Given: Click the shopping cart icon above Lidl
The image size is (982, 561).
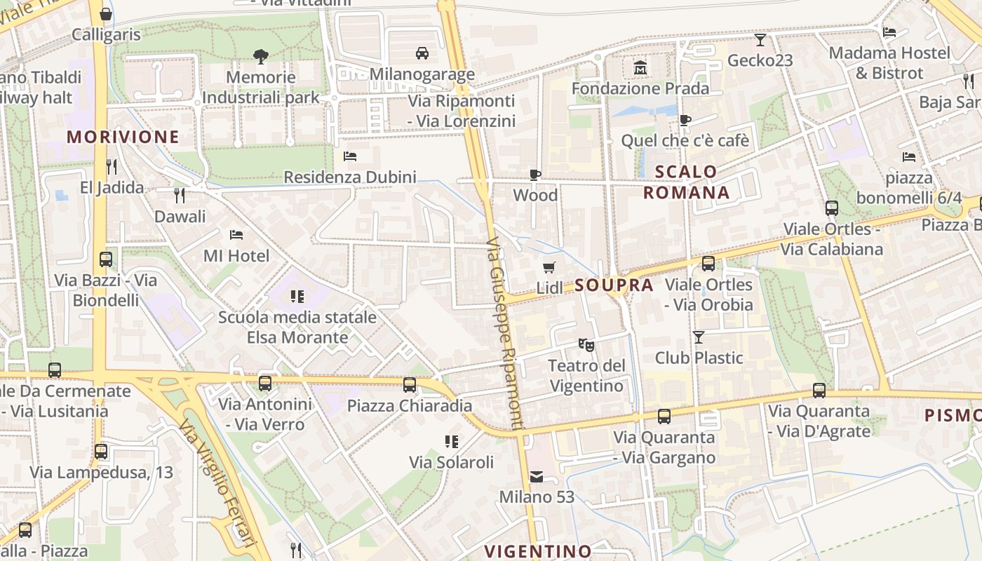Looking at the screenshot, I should point(549,267).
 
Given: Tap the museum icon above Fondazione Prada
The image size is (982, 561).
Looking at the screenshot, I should point(640,68).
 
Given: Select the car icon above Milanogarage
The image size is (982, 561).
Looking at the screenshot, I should point(422,53).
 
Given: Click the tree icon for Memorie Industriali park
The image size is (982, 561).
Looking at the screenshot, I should point(260,56).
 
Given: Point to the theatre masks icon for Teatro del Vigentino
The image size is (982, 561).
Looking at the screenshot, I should point(586,344).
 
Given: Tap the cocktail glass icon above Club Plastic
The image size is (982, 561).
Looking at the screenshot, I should point(699,337).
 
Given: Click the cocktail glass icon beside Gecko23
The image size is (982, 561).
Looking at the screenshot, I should point(760,40).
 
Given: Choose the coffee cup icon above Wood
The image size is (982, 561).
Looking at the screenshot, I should point(535,175).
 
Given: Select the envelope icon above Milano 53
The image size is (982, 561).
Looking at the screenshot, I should point(537,477).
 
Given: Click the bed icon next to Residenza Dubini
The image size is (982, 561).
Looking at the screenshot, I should point(350,156).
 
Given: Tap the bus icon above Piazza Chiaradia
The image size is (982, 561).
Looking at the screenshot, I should point(410,385).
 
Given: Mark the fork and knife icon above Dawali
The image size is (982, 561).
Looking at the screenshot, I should point(180,195).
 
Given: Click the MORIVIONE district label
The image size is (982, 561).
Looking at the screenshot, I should point(123,137).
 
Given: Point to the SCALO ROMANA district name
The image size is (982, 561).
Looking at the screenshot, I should point(687,182).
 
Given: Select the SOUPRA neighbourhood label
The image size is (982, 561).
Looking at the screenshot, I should point(614,285).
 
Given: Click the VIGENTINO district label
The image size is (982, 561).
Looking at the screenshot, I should point(539,550).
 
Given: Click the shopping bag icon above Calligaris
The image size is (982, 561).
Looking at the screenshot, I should point(106,14).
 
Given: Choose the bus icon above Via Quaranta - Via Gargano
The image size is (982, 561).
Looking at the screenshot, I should point(664,417).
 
